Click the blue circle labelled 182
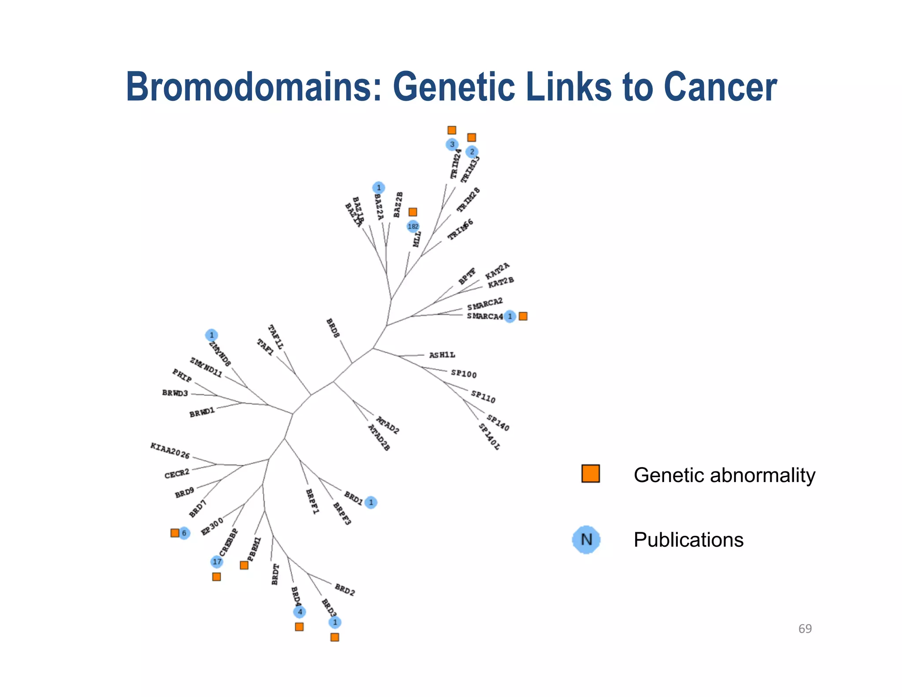413,226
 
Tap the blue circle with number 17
217,562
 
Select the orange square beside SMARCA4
523,316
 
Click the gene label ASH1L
442,355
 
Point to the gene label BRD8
333,328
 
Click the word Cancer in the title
720,87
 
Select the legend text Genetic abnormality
724,475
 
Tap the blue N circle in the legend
586,539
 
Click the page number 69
805,629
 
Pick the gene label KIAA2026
170,451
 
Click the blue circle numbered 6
184,533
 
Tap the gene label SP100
463,374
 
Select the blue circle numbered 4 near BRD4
299,612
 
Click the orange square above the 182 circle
413,212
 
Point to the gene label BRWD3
175,393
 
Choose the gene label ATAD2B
379,437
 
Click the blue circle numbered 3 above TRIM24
452,145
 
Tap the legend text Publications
688,540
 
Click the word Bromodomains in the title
253,87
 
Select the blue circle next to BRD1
371,502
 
